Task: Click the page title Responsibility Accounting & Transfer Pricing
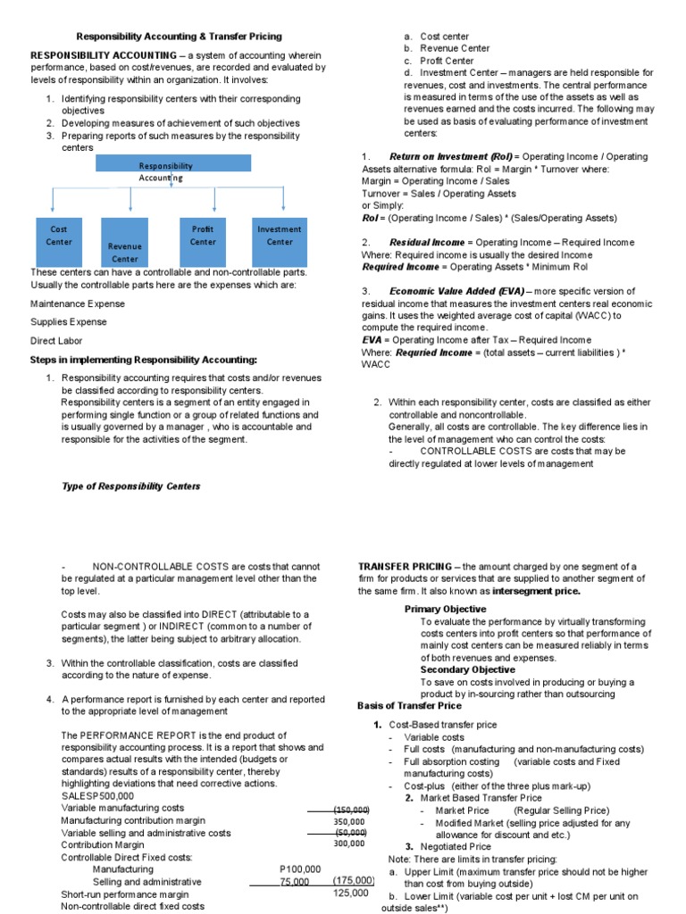point(179,37)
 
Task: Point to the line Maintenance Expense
point(78,303)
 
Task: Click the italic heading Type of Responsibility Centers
point(130,486)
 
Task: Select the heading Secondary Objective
point(467,669)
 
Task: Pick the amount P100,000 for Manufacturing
point(300,868)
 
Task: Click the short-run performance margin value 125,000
point(350,893)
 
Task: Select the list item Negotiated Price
point(456,846)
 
